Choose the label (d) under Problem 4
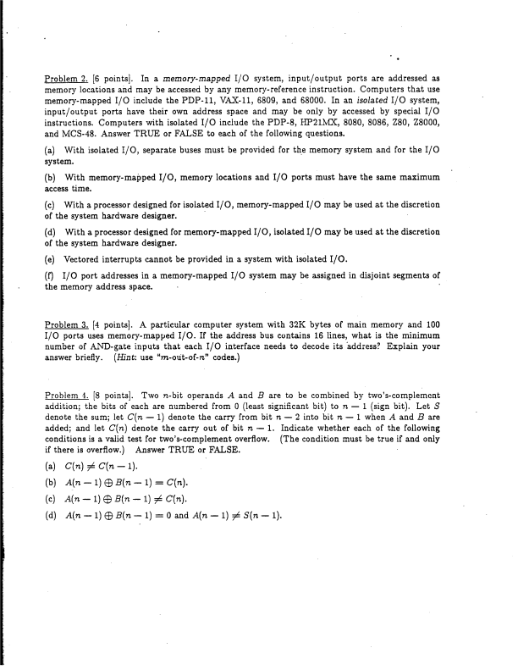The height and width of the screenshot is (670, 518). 51,490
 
